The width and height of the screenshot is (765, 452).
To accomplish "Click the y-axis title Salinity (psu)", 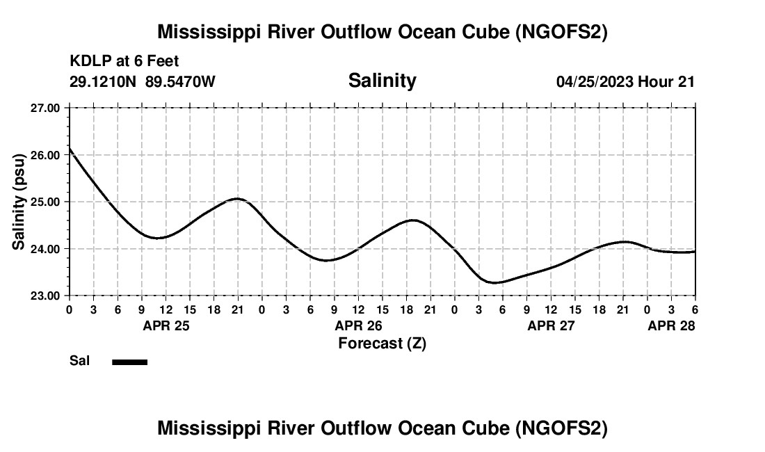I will (x=19, y=202).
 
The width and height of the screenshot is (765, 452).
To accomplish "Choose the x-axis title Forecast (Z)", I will (x=382, y=344).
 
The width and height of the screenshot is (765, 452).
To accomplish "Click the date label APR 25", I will (x=166, y=325).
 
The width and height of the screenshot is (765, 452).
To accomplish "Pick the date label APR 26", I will (x=359, y=325).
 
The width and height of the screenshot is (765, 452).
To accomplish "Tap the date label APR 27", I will (x=551, y=325).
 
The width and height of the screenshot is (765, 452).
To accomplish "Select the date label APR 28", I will (x=671, y=325).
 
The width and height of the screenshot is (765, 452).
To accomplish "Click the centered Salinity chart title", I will (x=382, y=81).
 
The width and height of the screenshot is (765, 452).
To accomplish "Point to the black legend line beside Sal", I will (x=129, y=362).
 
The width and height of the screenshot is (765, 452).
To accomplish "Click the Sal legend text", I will (x=80, y=361).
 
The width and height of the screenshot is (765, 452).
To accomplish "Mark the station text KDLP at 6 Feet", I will (x=124, y=61).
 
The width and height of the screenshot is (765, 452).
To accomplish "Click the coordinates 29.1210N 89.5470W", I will (x=142, y=81).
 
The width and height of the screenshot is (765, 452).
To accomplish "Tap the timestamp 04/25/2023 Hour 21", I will (x=625, y=81).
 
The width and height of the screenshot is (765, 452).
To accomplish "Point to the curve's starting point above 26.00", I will (x=70, y=149).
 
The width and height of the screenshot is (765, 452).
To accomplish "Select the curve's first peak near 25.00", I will (x=237, y=199).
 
